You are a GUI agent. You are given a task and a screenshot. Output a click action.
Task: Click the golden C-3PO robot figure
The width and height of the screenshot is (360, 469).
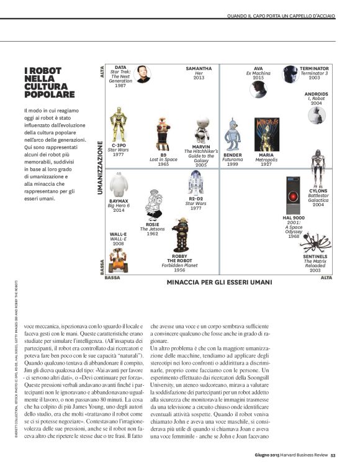pos(118,125)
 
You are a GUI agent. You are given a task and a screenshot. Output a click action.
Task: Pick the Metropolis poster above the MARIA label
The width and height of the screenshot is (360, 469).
pos(266,134)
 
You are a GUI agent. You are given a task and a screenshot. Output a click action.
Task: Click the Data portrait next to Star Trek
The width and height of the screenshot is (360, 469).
pos(142,74)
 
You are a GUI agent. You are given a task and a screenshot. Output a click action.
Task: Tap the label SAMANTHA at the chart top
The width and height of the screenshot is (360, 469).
pos(199,68)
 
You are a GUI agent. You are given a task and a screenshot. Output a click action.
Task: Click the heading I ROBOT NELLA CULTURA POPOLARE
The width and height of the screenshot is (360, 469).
pos(49,82)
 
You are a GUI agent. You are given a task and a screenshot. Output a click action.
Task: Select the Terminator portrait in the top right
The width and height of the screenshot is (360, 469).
pos(290,75)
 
